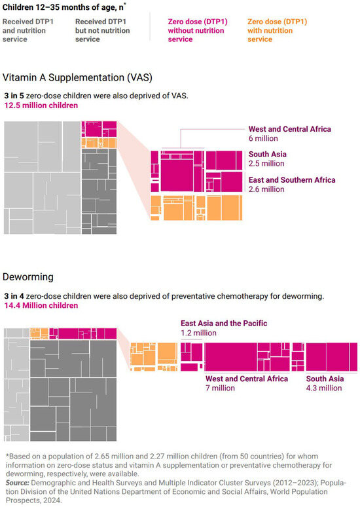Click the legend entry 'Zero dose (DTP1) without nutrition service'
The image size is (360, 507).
(198, 30)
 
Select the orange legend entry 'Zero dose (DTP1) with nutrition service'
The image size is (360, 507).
(277, 30)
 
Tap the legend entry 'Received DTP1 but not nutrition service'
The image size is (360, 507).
(103, 30)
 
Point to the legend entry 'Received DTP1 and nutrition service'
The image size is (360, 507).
(27, 30)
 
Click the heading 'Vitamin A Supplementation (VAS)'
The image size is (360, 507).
(77, 77)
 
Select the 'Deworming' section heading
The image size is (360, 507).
(27, 277)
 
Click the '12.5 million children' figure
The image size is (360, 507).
(41, 105)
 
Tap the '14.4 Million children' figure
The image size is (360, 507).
(41, 305)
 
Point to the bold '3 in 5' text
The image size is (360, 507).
(14, 96)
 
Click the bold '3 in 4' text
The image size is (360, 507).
(14, 296)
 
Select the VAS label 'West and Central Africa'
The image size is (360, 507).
(290, 129)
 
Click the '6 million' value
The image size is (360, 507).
(263, 138)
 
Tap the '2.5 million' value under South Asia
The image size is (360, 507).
(266, 163)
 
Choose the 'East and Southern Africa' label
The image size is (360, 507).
(292, 179)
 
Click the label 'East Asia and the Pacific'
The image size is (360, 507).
(224, 323)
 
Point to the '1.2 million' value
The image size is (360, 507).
(198, 333)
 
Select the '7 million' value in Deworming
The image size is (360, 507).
(220, 388)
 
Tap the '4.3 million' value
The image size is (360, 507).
(324, 388)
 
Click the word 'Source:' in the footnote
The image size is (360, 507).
(18, 483)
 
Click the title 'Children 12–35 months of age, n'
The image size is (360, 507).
(64, 7)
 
